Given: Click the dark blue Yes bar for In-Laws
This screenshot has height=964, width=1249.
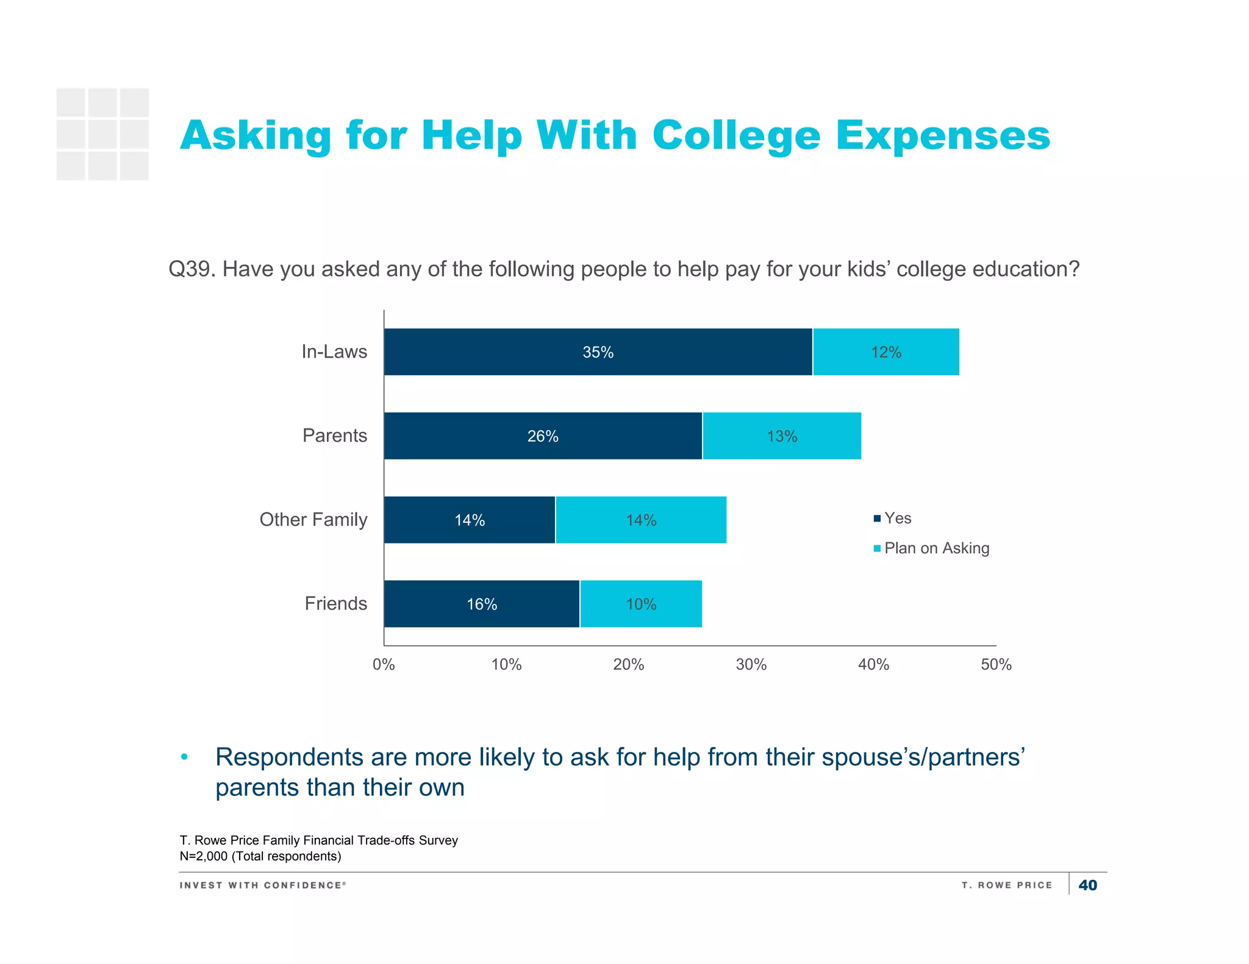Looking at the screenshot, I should pyautogui.click(x=598, y=352).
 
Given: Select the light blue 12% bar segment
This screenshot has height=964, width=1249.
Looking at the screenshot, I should pyautogui.click(x=886, y=352).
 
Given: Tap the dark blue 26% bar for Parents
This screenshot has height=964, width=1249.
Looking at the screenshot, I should pyautogui.click(x=543, y=436).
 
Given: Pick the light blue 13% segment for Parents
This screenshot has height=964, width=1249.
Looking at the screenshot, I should pyautogui.click(x=782, y=436).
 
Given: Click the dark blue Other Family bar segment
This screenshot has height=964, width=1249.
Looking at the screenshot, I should pyautogui.click(x=470, y=520).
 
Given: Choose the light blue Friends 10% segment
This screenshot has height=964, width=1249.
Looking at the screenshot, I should pyautogui.click(x=641, y=604).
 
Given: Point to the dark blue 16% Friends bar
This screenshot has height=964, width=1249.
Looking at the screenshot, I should pyautogui.click(x=482, y=604).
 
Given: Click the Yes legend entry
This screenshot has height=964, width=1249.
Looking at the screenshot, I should pyautogui.click(x=893, y=518).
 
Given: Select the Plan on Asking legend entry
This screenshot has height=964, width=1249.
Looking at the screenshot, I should pyautogui.click(x=932, y=548).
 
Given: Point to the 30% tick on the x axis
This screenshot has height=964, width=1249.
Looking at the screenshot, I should pyautogui.click(x=751, y=664).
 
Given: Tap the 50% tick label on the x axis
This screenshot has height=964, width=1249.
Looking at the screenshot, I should pyautogui.click(x=996, y=664).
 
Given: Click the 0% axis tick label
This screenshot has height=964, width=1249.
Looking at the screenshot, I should pyautogui.click(x=384, y=664).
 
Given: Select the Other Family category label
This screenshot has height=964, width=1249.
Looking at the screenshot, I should pyautogui.click(x=313, y=519).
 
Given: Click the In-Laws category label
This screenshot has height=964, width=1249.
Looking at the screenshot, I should pyautogui.click(x=334, y=352).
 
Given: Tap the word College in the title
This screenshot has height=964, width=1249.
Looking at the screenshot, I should pyautogui.click(x=736, y=135).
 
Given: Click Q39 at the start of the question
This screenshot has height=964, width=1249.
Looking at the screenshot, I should pyautogui.click(x=191, y=269).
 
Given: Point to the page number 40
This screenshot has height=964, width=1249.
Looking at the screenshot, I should pyautogui.click(x=1087, y=885).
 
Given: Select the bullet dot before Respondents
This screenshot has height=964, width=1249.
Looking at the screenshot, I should pyautogui.click(x=184, y=757).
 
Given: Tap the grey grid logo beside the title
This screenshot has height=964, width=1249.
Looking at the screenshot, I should pyautogui.click(x=102, y=134).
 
